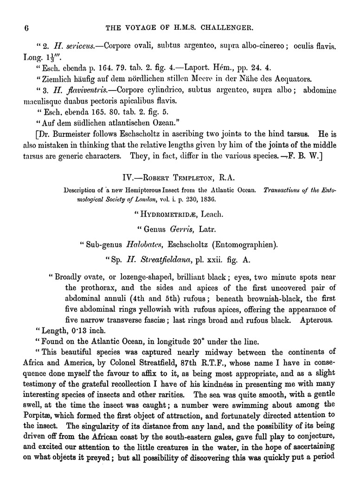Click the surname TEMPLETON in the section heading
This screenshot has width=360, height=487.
(x=201, y=178)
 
